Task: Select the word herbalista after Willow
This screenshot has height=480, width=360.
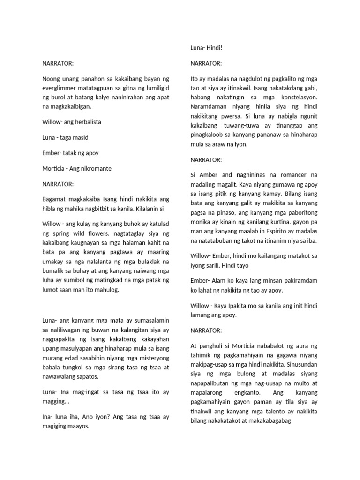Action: pos(86,122)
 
